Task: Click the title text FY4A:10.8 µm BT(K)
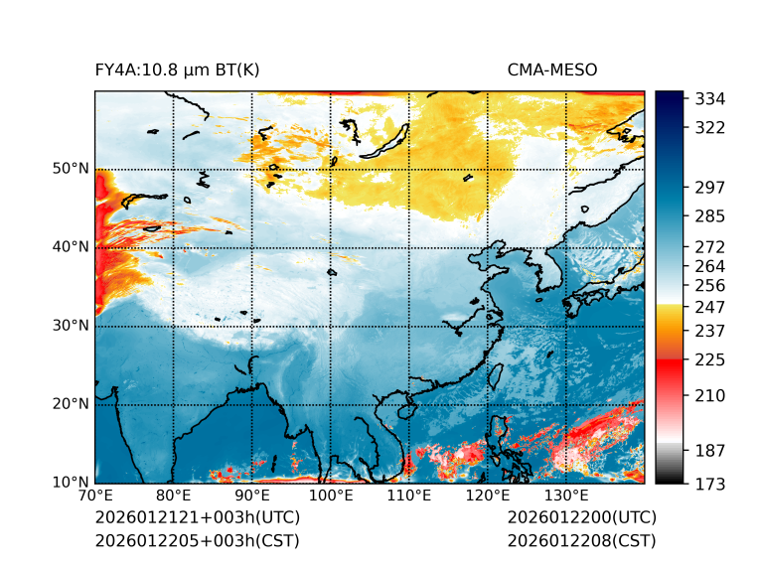click(177, 71)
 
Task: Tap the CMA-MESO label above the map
click(552, 71)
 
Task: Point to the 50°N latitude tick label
click(71, 169)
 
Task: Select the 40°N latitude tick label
click(71, 247)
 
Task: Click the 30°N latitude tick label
click(71, 326)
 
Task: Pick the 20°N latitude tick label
click(71, 404)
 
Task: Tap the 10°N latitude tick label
click(71, 483)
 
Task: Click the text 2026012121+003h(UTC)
click(197, 518)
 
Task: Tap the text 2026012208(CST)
click(581, 541)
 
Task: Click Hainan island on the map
click(404, 410)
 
